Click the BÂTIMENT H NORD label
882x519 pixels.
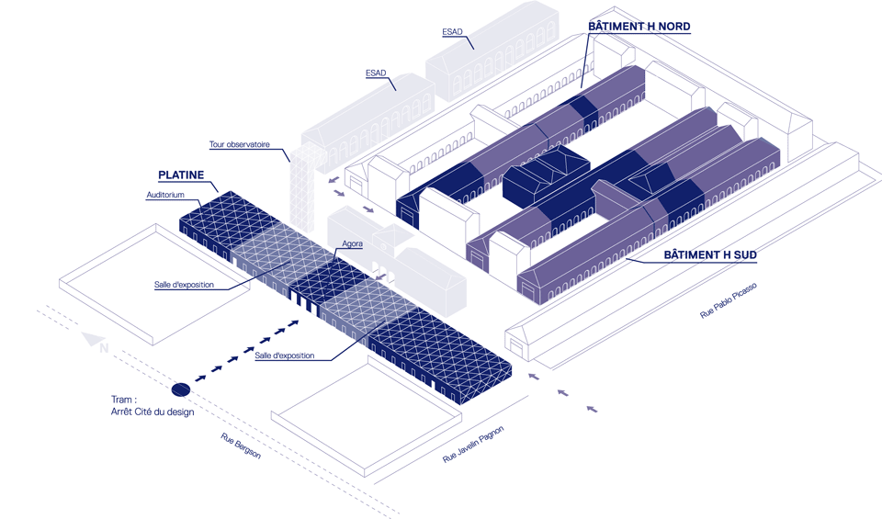pyautogui.click(x=639, y=27)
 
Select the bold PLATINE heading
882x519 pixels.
pyautogui.click(x=181, y=175)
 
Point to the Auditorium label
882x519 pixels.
pyautogui.click(x=165, y=196)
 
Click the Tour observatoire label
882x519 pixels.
pyautogui.click(x=239, y=144)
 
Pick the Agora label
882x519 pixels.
pyautogui.click(x=352, y=244)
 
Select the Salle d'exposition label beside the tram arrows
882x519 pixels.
pyautogui.click(x=285, y=355)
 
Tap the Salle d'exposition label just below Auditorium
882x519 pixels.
pyautogui.click(x=184, y=285)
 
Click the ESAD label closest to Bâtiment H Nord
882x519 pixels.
pyautogui.click(x=452, y=32)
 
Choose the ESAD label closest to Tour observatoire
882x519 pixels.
pyautogui.click(x=375, y=73)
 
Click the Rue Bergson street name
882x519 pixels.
pyautogui.click(x=241, y=446)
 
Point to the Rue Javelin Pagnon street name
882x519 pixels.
pyautogui.click(x=474, y=445)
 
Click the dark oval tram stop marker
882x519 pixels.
pyautogui.click(x=181, y=389)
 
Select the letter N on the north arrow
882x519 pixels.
pyautogui.click(x=104, y=348)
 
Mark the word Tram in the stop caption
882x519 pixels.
pyautogui.click(x=123, y=400)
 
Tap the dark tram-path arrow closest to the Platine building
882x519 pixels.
pyautogui.click(x=295, y=322)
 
